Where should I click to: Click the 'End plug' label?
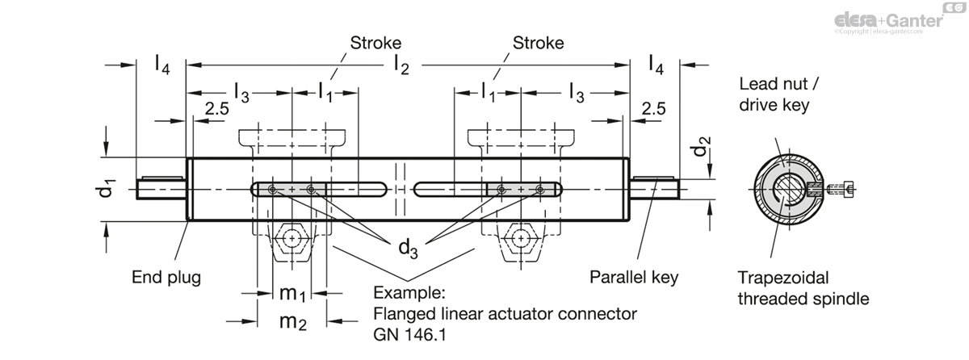166,278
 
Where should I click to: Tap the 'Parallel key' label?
634,277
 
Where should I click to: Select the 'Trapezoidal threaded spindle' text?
803,288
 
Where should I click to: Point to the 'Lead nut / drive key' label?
778,94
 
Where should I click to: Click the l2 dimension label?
401,65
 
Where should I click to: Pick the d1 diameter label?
106,189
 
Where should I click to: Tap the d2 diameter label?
701,146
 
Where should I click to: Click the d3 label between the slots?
408,249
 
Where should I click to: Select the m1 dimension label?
292,294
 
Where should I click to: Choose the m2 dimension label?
293,322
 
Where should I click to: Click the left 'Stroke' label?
375,43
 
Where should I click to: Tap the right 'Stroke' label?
538,43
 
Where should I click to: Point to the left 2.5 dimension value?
216,108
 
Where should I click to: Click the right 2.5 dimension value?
653,108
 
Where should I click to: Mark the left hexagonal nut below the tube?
292,238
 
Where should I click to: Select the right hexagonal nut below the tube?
521,238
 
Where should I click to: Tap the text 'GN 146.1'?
409,334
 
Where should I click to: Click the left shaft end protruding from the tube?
161,188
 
